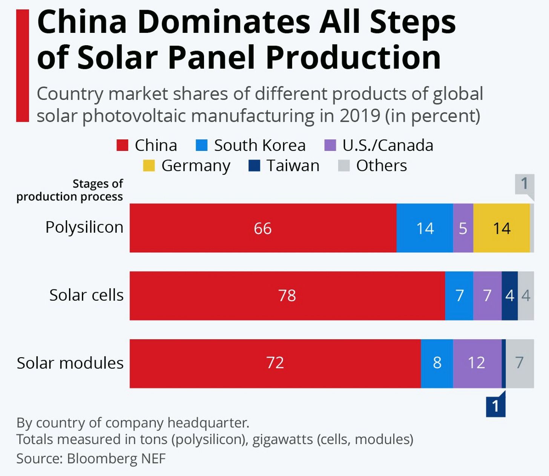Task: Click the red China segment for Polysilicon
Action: click(x=263, y=228)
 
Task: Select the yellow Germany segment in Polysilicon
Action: click(x=501, y=228)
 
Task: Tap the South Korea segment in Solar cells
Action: click(x=459, y=296)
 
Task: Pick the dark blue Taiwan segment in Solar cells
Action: click(x=509, y=296)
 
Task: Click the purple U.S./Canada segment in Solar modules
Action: click(x=477, y=363)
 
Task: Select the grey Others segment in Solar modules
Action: click(x=520, y=363)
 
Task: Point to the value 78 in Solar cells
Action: click(x=287, y=296)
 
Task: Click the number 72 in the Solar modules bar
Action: click(x=275, y=363)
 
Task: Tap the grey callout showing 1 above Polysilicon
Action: click(x=524, y=184)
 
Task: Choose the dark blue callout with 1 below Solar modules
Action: click(x=495, y=407)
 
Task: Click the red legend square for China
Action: click(x=122, y=145)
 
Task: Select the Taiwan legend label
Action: click(x=293, y=166)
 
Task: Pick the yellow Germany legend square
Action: click(x=149, y=166)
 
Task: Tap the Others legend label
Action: click(x=381, y=166)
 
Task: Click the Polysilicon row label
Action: click(x=84, y=227)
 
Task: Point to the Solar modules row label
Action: click(x=70, y=363)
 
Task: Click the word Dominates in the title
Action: click(x=224, y=22)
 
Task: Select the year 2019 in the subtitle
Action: click(x=360, y=116)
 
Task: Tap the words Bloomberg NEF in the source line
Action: click(x=116, y=459)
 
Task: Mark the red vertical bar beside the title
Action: click(x=23, y=66)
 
